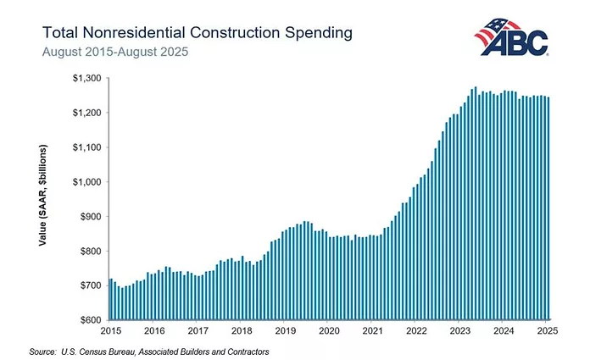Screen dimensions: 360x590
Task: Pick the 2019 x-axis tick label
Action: point(285,331)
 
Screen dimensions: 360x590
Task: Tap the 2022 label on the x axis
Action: point(415,331)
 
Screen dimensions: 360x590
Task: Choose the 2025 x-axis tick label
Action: point(546,331)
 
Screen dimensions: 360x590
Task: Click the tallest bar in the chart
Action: point(475,203)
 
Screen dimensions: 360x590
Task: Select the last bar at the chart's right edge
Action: point(548,208)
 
